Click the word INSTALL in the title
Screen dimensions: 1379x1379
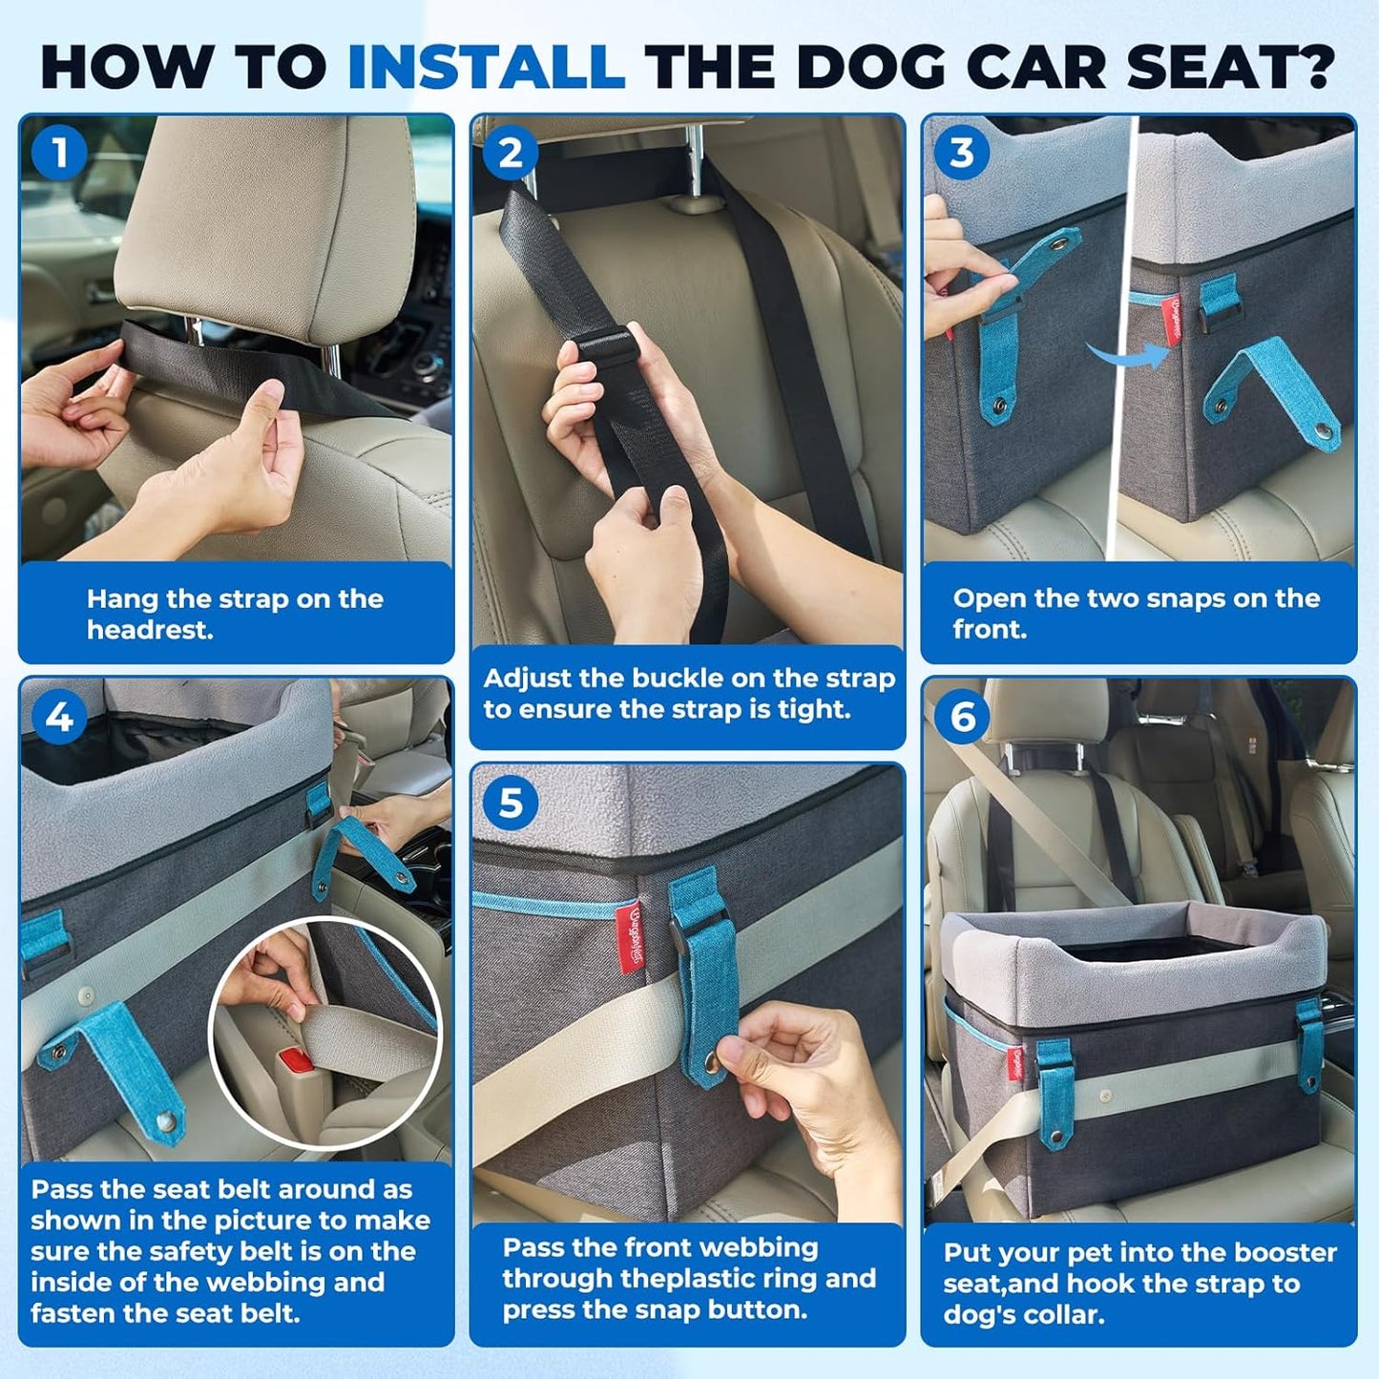(x=486, y=68)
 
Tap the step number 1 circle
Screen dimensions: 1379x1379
(x=59, y=152)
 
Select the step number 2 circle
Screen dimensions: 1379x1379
(x=511, y=153)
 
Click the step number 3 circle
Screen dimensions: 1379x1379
(x=962, y=153)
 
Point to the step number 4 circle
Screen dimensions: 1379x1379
(x=59, y=717)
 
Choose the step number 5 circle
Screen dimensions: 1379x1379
(x=511, y=804)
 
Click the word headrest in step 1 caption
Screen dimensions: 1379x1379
(x=149, y=630)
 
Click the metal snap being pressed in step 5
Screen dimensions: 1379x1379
(x=712, y=1061)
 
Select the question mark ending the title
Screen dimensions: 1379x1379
(x=1321, y=68)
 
